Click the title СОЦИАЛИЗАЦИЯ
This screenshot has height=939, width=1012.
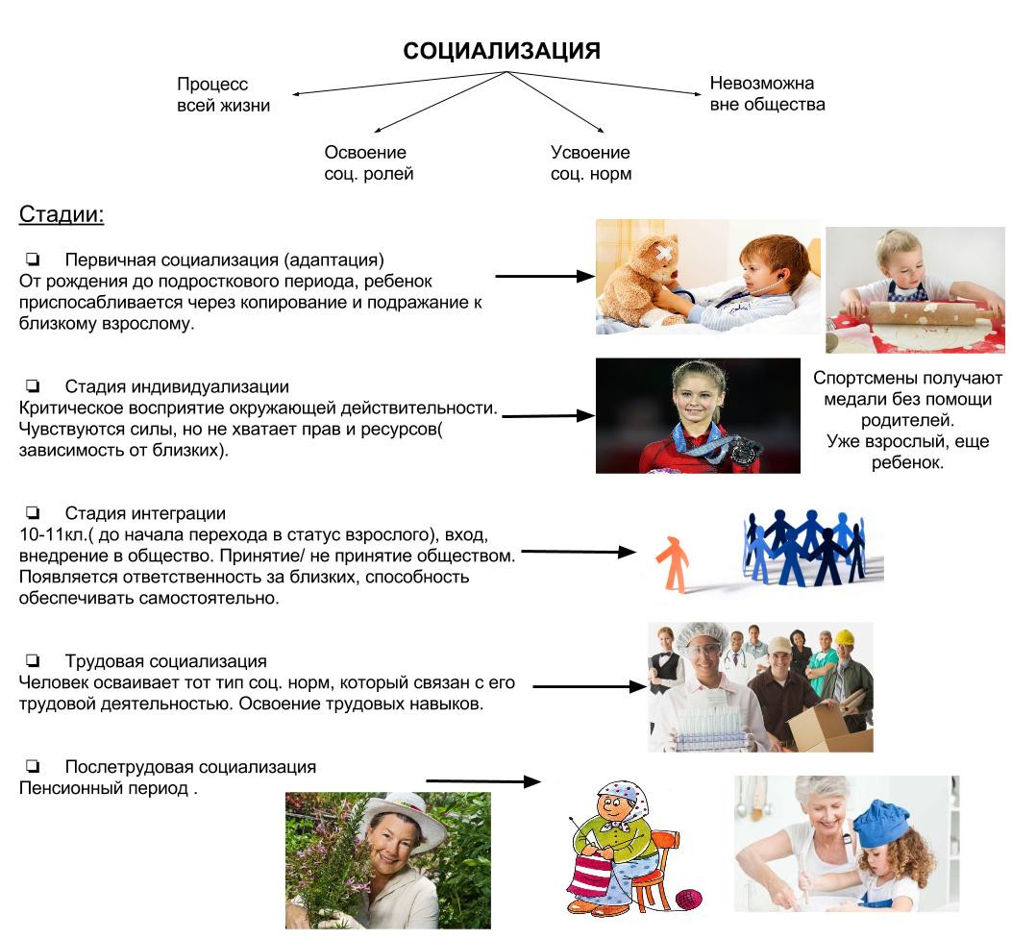click(x=502, y=51)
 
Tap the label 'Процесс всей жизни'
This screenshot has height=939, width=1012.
click(x=224, y=95)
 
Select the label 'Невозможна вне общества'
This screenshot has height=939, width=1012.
click(x=767, y=93)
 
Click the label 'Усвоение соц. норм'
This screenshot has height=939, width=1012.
click(x=590, y=163)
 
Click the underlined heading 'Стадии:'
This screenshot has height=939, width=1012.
click(x=62, y=214)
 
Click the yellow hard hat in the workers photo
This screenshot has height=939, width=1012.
click(x=845, y=637)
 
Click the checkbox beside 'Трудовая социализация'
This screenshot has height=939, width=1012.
click(x=34, y=661)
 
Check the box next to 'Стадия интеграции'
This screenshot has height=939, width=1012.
click(x=34, y=513)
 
